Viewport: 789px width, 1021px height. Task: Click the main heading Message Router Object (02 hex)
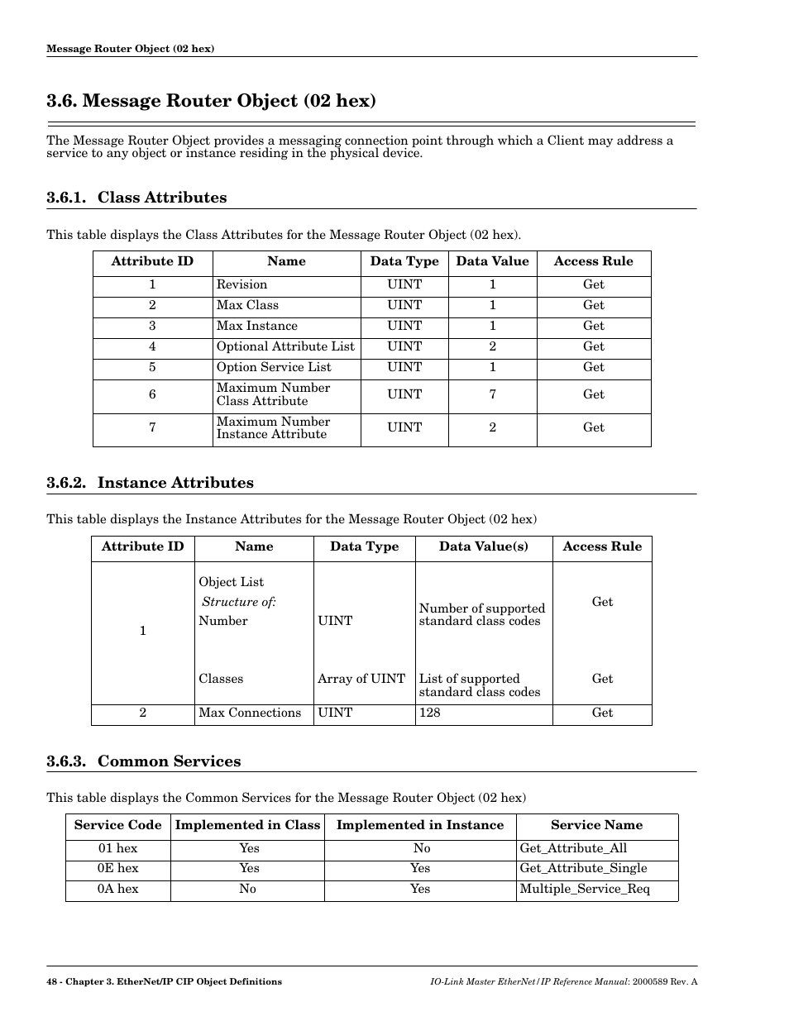pyautogui.click(x=211, y=101)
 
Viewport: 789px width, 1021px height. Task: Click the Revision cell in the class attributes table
pyautogui.click(x=241, y=284)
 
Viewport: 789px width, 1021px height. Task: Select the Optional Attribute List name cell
pyautogui.click(x=285, y=346)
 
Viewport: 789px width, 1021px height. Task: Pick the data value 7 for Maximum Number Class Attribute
pyautogui.click(x=492, y=394)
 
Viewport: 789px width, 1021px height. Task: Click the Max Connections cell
pyautogui.click(x=250, y=713)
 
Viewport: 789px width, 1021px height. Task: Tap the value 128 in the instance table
pyautogui.click(x=430, y=713)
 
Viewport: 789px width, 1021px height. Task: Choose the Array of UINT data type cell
pyautogui.click(x=361, y=679)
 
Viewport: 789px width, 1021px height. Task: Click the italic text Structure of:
pyautogui.click(x=239, y=602)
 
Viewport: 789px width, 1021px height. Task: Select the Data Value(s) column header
pyautogui.click(x=483, y=546)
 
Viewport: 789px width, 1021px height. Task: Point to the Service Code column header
pyautogui.click(x=117, y=825)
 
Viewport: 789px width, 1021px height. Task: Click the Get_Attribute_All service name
pyautogui.click(x=573, y=848)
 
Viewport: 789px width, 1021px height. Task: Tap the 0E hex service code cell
pyautogui.click(x=118, y=868)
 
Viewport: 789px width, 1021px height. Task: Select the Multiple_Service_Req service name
pyautogui.click(x=585, y=889)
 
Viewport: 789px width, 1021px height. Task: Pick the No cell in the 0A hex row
pyautogui.click(x=247, y=889)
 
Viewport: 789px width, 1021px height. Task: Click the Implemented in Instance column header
pyautogui.click(x=419, y=825)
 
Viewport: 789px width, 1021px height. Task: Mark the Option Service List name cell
pyautogui.click(x=274, y=367)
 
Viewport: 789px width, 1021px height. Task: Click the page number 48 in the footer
pyautogui.click(x=52, y=981)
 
